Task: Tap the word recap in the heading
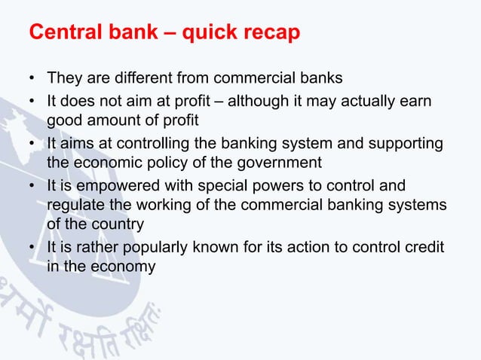269,34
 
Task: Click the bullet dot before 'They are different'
32,78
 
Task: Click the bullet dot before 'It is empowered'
32,185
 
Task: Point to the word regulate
75,206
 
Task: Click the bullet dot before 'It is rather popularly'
32,248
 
